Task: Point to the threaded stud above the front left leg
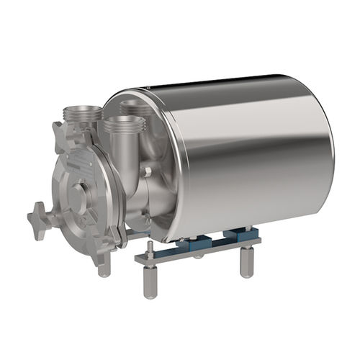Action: tap(149, 248)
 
